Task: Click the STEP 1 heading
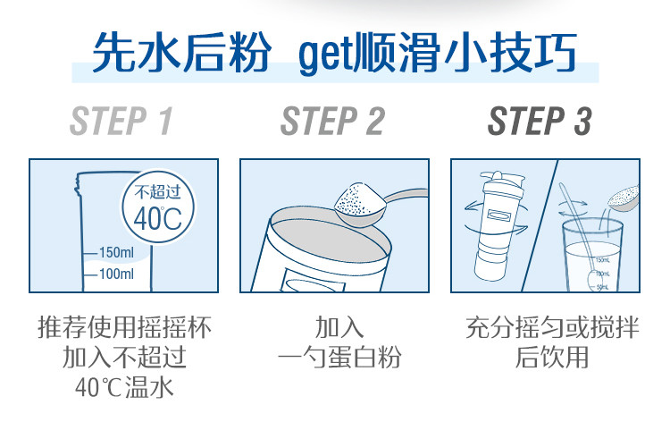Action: pos(121,121)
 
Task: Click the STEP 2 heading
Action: pos(332,121)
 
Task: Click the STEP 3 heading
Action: pos(540,121)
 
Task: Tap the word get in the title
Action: pos(326,57)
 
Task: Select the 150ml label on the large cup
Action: pos(117,252)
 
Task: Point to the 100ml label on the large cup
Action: pos(116,274)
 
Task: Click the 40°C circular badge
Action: pos(158,207)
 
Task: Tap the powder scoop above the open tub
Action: pos(376,205)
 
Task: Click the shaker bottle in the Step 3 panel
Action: pos(495,225)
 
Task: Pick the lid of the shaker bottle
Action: pos(501,179)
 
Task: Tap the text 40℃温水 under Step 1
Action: pos(124,387)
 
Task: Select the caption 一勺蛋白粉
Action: pos(339,357)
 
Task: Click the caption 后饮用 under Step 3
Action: pos(552,357)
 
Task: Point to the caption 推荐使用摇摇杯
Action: pos(124,327)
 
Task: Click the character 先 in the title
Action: pos(114,51)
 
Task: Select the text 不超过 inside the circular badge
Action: pos(157,191)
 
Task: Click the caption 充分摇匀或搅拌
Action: pos(552,327)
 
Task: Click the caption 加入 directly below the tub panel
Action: pos(339,327)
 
